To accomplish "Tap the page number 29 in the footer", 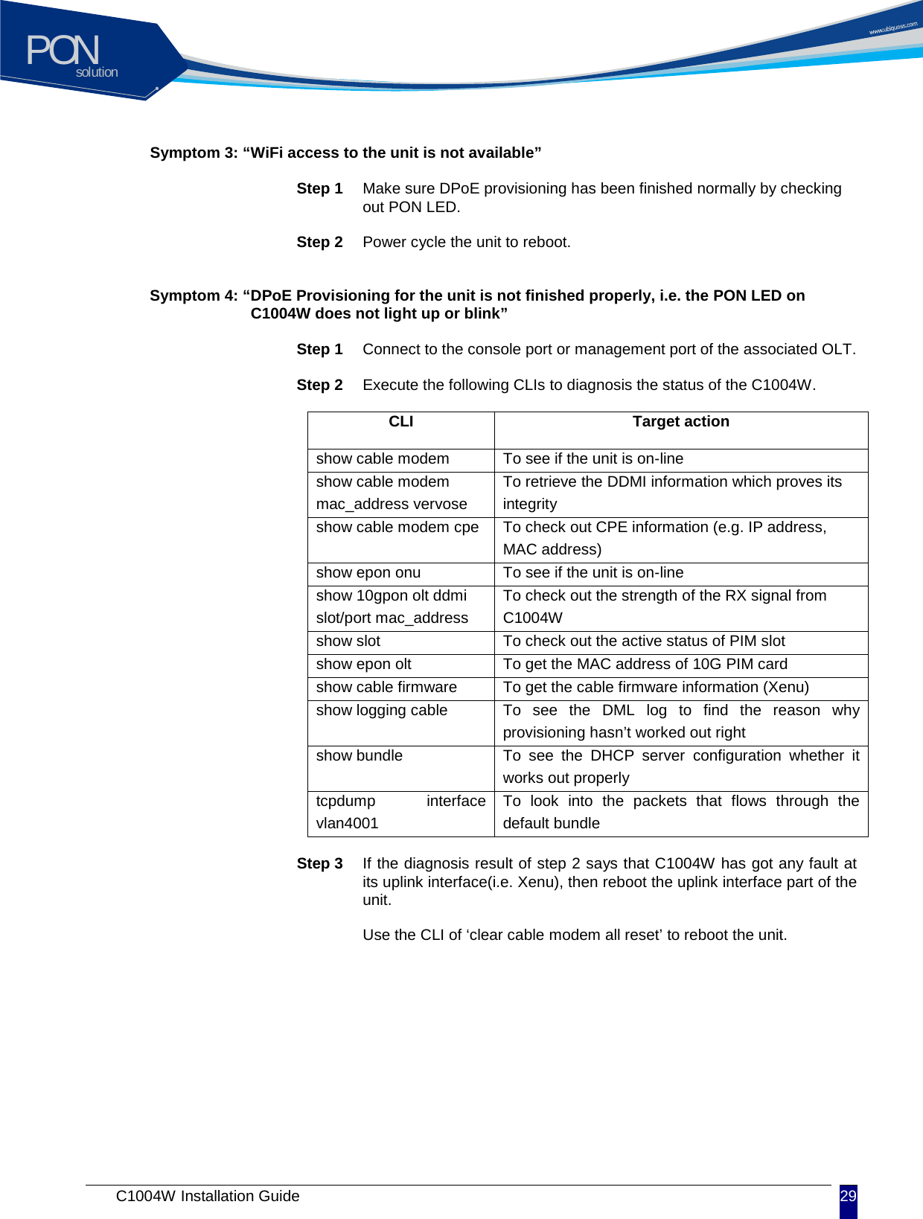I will click(848, 1197).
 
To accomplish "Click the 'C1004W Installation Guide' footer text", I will click(208, 1196).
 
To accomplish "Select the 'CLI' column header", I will click(400, 422).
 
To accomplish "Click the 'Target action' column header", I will click(680, 422).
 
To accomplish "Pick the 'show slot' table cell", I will click(348, 642).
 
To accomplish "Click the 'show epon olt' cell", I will click(364, 665).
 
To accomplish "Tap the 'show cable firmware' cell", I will click(386, 688).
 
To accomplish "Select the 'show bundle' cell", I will click(360, 756).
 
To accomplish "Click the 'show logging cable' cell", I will click(382, 711).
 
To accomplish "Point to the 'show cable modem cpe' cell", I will click(397, 528).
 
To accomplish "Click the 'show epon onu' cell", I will click(368, 573).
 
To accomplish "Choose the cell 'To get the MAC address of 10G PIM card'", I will click(645, 665).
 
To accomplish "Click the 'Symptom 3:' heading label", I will click(194, 153).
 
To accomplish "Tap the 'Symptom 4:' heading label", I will click(194, 296).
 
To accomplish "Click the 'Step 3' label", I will click(319, 864).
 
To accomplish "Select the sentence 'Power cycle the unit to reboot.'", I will click(467, 243).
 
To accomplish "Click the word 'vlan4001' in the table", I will click(348, 824).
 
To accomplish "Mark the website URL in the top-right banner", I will click(892, 28).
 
